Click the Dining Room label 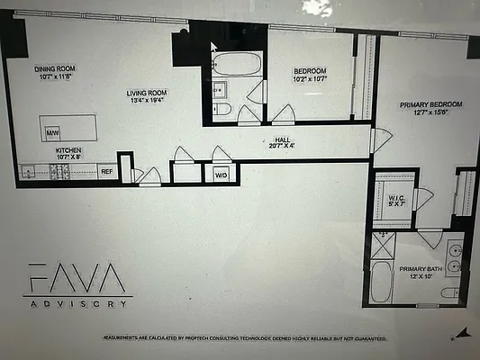[x=55, y=68]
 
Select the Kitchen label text [x=69, y=150]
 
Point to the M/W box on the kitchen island [x=51, y=133]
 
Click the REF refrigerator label [x=106, y=171]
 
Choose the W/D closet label [x=221, y=175]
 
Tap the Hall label [x=282, y=139]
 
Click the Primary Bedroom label [x=430, y=104]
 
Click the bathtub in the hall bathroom [x=238, y=65]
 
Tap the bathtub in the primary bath [x=382, y=283]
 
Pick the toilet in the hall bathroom [x=223, y=109]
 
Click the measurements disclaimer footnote [x=245, y=338]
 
